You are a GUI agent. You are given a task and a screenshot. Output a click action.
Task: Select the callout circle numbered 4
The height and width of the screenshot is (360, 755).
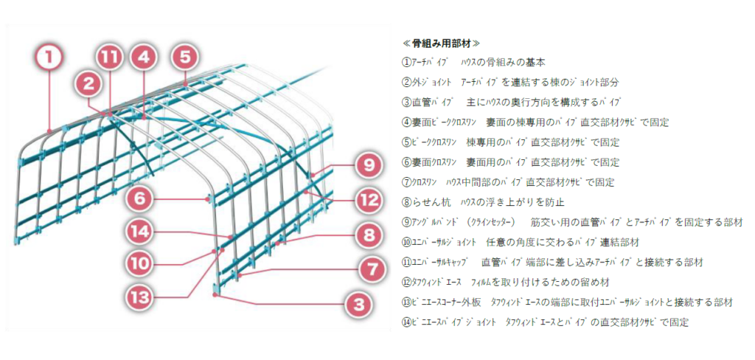[x=143, y=55]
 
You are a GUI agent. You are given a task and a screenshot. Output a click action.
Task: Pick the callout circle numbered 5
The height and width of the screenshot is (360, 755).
[x=184, y=55]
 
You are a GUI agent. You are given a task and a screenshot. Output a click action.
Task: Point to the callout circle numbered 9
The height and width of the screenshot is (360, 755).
[x=369, y=165]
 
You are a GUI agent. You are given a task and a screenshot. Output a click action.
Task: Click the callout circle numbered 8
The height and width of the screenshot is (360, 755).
[x=369, y=236]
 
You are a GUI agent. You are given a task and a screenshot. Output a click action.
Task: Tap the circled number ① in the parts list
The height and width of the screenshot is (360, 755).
[x=406, y=62]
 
